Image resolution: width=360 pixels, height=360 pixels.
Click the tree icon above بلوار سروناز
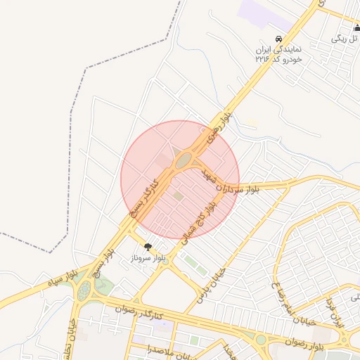pyautogui.click(x=148, y=247)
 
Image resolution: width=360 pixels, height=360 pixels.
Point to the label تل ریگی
pyautogui.click(x=345, y=38)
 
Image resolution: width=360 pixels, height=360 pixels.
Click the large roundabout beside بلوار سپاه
pyautogui.click(x=86, y=289)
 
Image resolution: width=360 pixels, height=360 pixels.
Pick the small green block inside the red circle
pyautogui.click(x=179, y=195)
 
